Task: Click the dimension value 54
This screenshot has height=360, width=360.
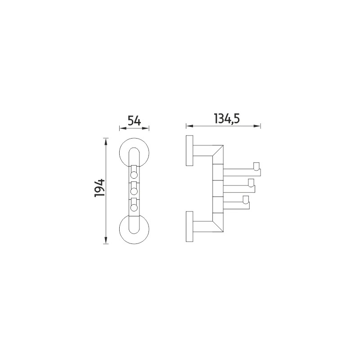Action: click(134, 121)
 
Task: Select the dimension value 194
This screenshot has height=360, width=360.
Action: click(99, 188)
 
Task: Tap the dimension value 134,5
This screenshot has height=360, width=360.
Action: click(227, 119)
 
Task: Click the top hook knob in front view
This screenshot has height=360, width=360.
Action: click(134, 175)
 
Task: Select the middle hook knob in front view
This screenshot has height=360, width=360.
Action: click(134, 191)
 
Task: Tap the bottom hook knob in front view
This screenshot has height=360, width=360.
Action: click(134, 207)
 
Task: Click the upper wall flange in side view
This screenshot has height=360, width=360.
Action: click(189, 151)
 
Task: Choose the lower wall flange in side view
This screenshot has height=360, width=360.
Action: click(189, 226)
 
